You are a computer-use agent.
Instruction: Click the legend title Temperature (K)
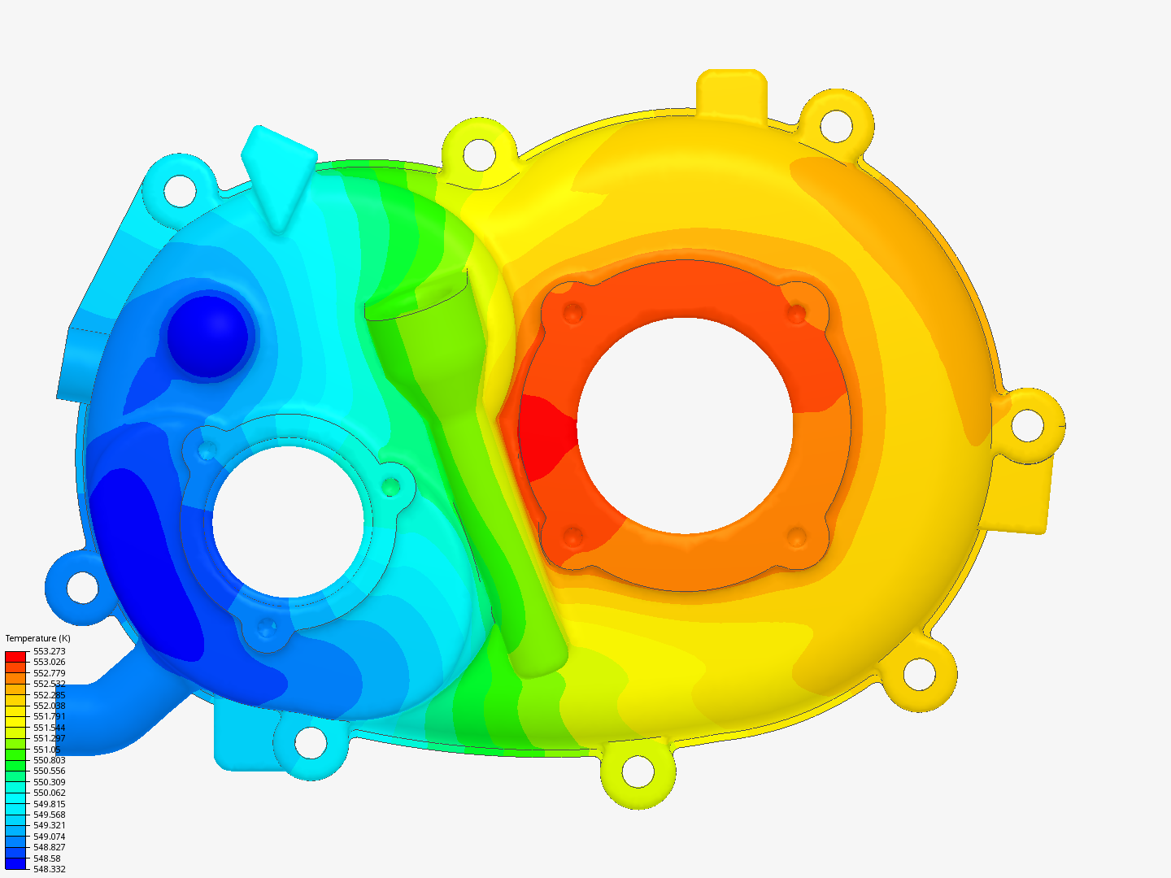pos(37,638)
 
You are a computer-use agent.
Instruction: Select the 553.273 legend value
pos(49,651)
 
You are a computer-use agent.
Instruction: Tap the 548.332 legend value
pos(49,869)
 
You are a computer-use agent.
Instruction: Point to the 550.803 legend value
pos(49,760)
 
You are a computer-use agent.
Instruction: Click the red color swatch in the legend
pos(15,655)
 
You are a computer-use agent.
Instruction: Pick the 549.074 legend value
pos(49,837)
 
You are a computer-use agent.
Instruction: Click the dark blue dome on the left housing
pos(207,337)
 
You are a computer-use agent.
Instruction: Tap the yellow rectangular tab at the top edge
pos(732,89)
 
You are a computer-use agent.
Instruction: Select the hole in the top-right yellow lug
pos(835,124)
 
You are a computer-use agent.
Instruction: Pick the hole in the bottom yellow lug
pos(638,772)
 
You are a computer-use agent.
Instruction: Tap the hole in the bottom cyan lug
pos(310,742)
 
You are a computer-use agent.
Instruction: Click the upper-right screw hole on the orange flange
pos(796,313)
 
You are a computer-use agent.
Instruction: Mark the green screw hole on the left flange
pos(391,486)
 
